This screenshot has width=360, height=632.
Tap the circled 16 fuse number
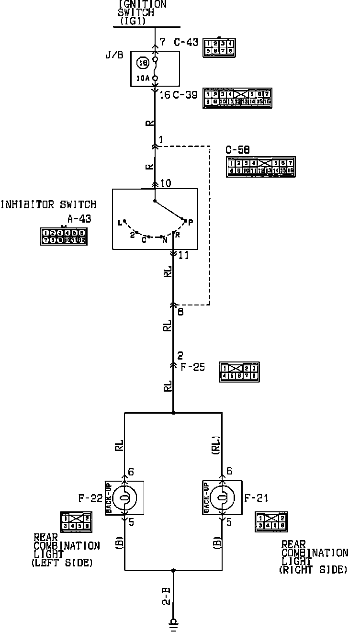(142, 62)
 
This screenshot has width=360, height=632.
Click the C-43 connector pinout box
(219, 47)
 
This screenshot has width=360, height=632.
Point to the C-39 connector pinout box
(237, 98)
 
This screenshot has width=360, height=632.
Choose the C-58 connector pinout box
(260, 167)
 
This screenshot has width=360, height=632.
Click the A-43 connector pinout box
(63, 237)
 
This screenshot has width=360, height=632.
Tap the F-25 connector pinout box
(239, 372)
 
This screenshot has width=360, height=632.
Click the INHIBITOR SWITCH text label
(48, 205)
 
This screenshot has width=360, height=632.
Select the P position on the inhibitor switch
(190, 222)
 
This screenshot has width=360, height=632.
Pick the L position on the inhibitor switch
(120, 222)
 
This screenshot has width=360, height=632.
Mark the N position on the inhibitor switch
(164, 240)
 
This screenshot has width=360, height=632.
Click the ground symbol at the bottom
(173, 623)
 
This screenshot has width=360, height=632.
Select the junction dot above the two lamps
(173, 412)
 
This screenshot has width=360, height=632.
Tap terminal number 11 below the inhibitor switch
(183, 256)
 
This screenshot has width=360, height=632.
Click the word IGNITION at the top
(142, 4)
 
